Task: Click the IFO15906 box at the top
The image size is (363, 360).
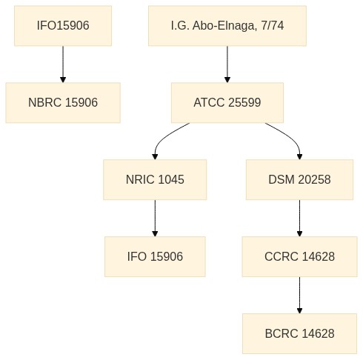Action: [x=63, y=26]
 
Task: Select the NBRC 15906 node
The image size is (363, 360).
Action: [x=63, y=103]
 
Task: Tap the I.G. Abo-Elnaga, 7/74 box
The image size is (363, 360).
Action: [x=227, y=26]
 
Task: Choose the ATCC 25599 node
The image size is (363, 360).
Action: [x=227, y=103]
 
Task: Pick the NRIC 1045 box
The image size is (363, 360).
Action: [x=155, y=179]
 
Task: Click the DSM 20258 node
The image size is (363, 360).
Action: [x=299, y=179]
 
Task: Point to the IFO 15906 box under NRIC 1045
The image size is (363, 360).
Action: [x=155, y=256]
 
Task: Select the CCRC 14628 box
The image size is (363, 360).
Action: [x=299, y=256]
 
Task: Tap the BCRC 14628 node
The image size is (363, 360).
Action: [x=299, y=333]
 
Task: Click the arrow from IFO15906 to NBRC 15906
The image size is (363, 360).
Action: [x=63, y=64]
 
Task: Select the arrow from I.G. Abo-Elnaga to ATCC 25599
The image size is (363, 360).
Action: [x=227, y=64]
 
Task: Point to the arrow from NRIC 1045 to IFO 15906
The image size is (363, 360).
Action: [x=155, y=219]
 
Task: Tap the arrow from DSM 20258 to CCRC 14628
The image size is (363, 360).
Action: [x=299, y=219]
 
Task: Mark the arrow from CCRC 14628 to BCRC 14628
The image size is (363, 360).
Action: [x=299, y=296]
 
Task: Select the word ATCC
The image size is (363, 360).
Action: [x=209, y=102]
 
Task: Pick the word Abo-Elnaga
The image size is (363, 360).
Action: [x=224, y=26]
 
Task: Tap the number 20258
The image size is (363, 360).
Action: [x=314, y=179]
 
